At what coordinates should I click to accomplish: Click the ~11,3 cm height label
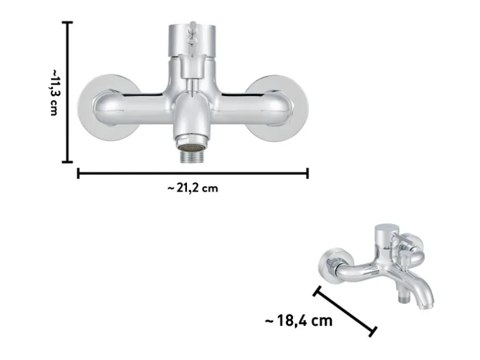click(54, 92)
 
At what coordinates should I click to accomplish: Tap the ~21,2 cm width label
click(193, 188)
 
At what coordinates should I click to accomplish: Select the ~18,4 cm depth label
click(299, 321)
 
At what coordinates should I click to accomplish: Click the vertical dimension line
click(67, 92)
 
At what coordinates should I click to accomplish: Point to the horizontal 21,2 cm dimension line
click(193, 173)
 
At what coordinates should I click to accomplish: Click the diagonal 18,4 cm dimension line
click(345, 311)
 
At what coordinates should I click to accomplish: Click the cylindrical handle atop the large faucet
click(192, 40)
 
